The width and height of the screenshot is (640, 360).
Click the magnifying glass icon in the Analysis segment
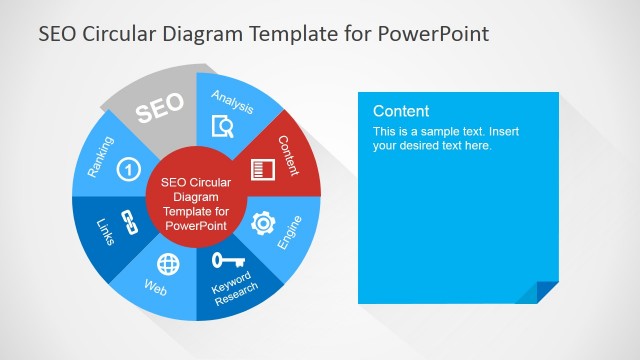[223, 126]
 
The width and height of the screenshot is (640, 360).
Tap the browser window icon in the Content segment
[262, 169]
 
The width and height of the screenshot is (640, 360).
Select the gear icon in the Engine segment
[263, 223]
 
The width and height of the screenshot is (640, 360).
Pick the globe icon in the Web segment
[169, 264]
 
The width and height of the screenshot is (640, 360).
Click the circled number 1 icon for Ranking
[128, 169]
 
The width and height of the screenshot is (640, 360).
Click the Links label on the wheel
[107, 232]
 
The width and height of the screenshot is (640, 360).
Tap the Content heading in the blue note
[401, 111]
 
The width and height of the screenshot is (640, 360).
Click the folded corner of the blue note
[547, 291]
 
